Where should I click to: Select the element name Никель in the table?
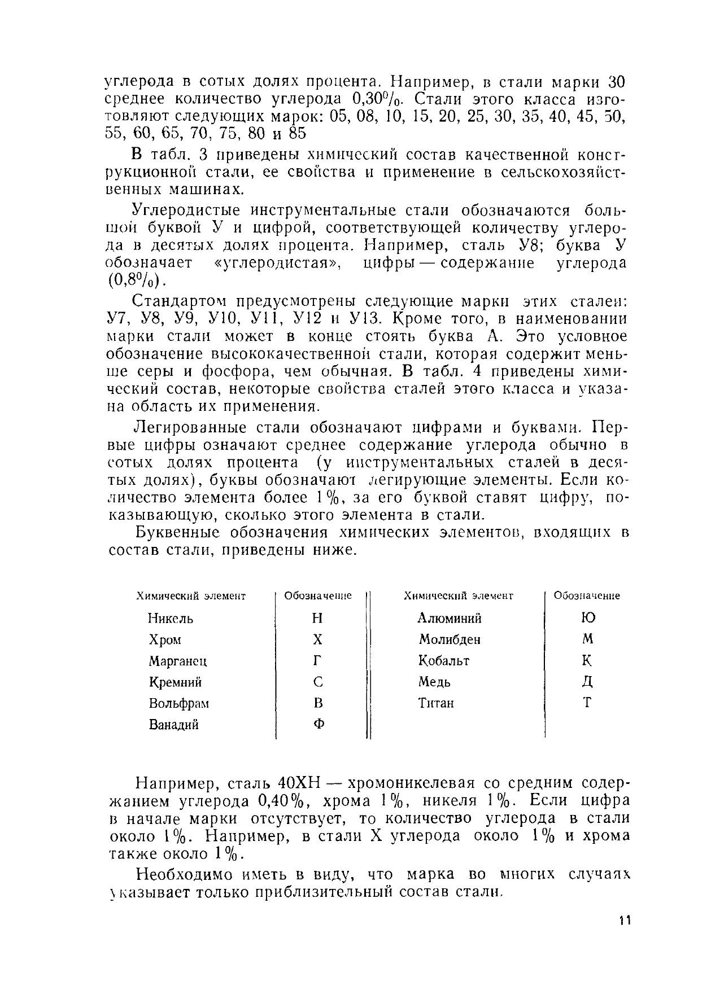171,619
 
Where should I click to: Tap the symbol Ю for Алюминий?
587,618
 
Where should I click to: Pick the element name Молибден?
450,639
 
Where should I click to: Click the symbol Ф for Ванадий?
318,725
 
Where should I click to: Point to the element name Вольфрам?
179,703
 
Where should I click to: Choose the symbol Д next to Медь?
587,682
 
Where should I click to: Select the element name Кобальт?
444,661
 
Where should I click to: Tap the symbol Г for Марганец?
318,661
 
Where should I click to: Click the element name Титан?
436,703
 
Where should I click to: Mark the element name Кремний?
175,682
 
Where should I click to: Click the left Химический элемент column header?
191,596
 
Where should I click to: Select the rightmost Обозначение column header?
587,596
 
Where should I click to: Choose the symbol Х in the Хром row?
318,639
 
